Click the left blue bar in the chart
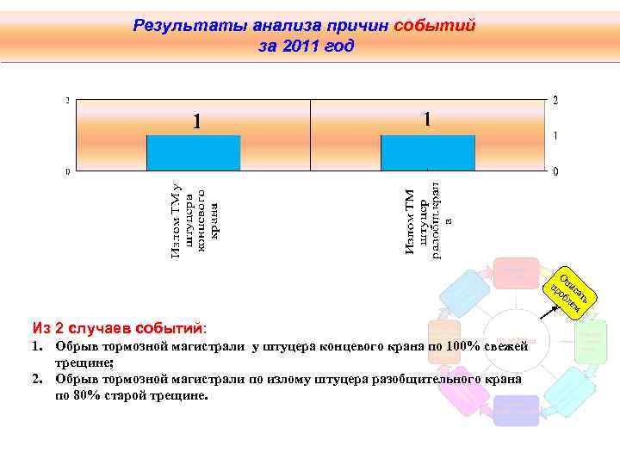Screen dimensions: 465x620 click(193, 153)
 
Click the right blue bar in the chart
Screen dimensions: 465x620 click(427, 153)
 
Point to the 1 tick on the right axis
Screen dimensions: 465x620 click(555, 136)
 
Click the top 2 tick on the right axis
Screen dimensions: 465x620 click(555, 101)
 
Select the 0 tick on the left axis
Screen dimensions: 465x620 click(69, 171)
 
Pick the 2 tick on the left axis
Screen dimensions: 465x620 click(69, 100)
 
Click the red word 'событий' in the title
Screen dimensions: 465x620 click(434, 26)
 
